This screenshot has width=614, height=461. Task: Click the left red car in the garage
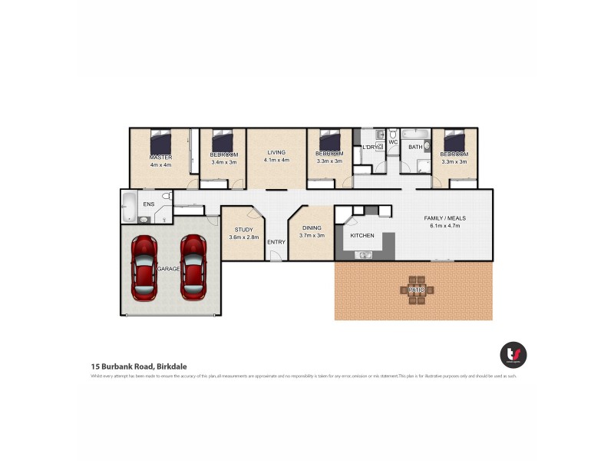144,268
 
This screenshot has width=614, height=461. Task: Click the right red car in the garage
193,267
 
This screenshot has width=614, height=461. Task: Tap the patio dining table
417,290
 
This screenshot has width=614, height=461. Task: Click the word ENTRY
276,243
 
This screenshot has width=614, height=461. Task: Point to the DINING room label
312,227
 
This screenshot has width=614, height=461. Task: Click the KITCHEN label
362,235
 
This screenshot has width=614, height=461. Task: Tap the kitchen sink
364,254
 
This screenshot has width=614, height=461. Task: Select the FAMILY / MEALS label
445,218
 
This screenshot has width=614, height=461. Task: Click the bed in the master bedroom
161,143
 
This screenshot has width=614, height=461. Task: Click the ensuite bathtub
129,207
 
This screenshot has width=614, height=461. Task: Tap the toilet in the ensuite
164,197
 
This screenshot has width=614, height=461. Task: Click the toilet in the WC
392,134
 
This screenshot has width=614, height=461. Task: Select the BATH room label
415,147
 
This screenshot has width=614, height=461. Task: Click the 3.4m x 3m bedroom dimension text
223,162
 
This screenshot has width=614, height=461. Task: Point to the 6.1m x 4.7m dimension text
445,227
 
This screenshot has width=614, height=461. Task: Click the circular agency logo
513,354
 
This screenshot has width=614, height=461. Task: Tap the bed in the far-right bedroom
454,141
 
